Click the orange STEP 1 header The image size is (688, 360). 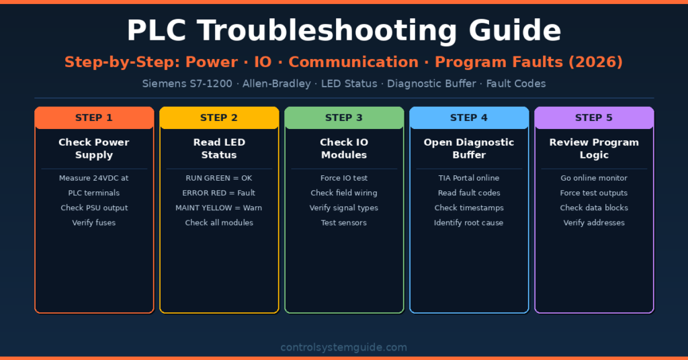pos(94,118)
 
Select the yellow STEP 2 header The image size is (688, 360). pos(219,118)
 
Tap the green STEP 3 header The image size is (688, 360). pos(344,118)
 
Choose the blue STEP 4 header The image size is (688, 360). pos(469,118)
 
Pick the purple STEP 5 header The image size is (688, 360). pos(594,118)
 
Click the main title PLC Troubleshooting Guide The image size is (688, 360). pos(344,31)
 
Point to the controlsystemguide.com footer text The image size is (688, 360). pos(344,347)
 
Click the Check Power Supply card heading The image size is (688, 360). pos(94,148)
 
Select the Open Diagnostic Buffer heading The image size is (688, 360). pos(469,148)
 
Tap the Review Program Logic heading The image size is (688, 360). pos(594,148)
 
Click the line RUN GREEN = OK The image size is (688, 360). pos(219,178)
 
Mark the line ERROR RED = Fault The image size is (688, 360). pos(219,193)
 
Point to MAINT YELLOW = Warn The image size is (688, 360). pos(219,208)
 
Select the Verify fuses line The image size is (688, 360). pos(94,222)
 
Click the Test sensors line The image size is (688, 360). pos(344,222)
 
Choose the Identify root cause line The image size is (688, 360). pos(469,222)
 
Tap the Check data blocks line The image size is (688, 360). pos(594,208)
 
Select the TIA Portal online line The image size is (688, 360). pos(469,178)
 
